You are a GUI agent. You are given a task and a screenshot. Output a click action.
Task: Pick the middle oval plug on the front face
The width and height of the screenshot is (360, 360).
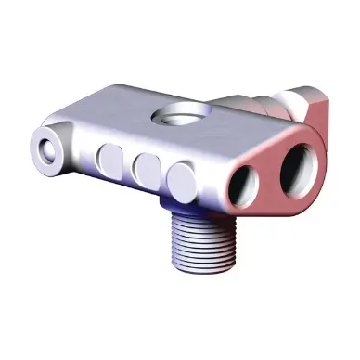tap(146, 168)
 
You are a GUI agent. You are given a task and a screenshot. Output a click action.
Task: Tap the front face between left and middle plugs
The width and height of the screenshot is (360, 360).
tap(128, 165)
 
